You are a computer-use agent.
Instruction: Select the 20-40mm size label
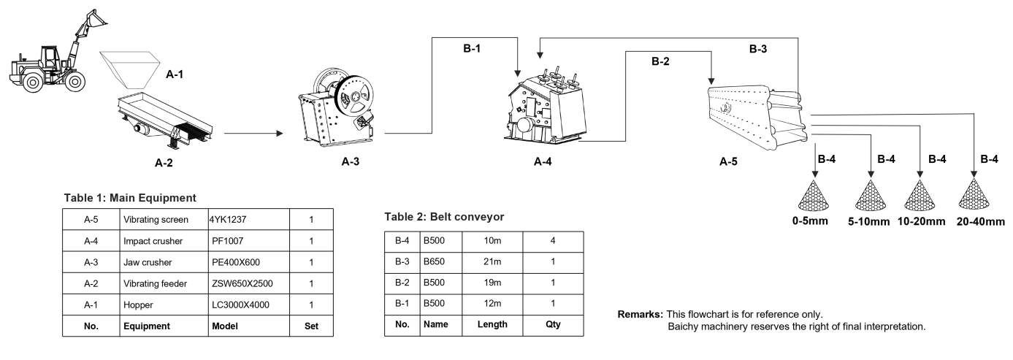981,221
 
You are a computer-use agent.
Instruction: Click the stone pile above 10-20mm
922,195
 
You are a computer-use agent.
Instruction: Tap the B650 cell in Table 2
434,261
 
